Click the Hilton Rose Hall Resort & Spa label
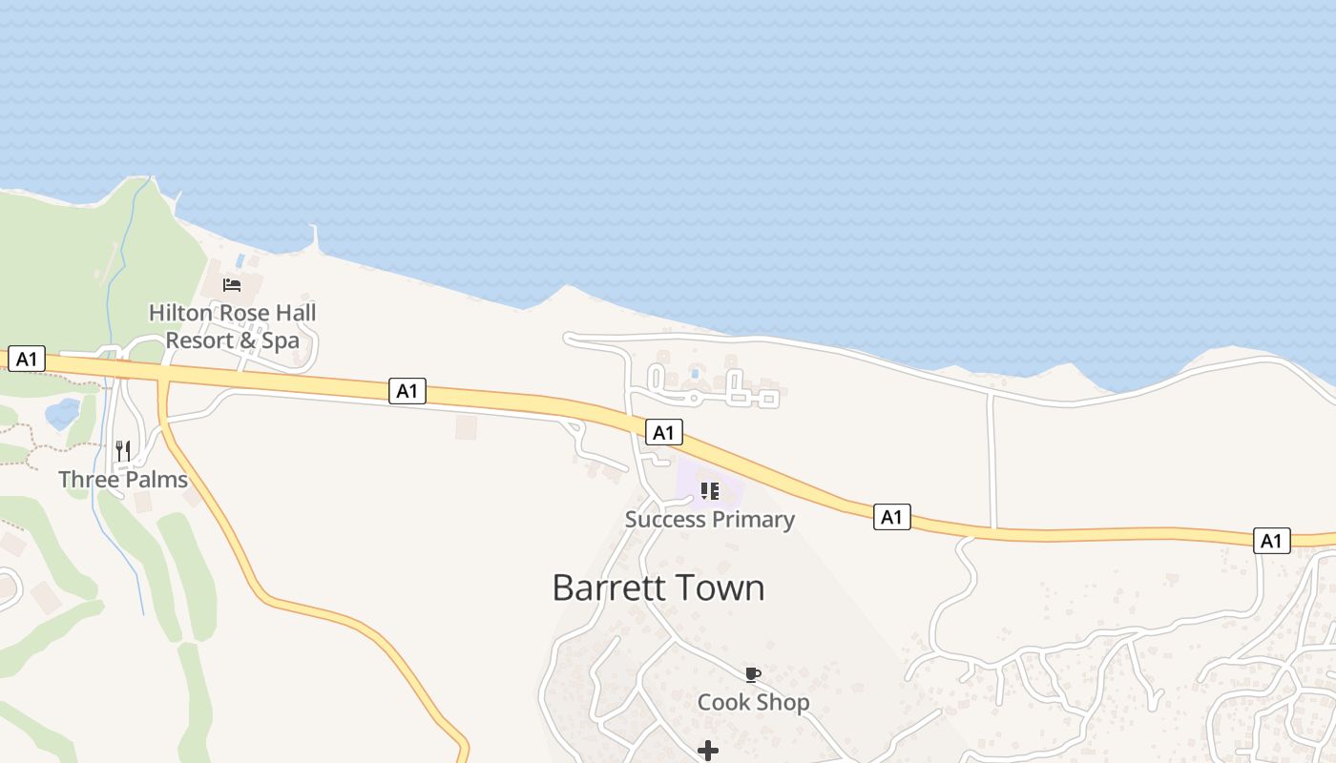click(x=232, y=326)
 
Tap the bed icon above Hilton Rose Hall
click(x=232, y=284)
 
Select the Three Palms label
click(x=123, y=479)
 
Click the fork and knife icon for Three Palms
click(x=123, y=450)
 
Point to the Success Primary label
click(x=709, y=520)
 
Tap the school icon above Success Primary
click(x=709, y=491)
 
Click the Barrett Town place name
click(x=658, y=588)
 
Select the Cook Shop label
click(x=753, y=703)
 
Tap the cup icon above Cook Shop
click(x=753, y=675)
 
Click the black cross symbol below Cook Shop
click(x=708, y=752)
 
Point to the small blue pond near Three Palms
click(x=62, y=414)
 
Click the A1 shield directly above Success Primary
click(x=663, y=432)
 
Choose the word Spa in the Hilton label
click(x=281, y=340)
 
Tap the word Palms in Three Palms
click(x=157, y=479)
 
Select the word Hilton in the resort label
click(x=182, y=313)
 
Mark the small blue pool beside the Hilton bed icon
click(x=240, y=259)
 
